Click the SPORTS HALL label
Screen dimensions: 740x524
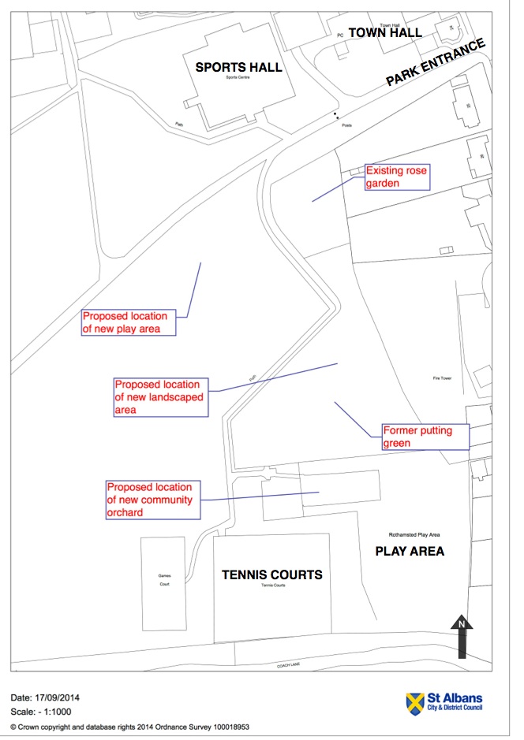(x=239, y=68)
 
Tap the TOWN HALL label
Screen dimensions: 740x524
(x=386, y=33)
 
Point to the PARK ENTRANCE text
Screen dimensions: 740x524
(x=435, y=62)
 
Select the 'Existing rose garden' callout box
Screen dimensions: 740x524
(x=396, y=177)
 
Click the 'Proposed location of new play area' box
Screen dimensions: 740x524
(x=129, y=322)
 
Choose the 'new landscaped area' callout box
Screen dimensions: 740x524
(x=160, y=397)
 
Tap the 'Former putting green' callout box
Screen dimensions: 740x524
(x=425, y=437)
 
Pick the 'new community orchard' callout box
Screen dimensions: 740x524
(x=153, y=500)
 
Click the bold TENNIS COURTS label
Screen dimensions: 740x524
(x=271, y=575)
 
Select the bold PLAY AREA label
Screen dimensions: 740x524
(x=409, y=551)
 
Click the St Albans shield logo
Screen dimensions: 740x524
(x=415, y=701)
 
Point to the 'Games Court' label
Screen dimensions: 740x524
(x=165, y=580)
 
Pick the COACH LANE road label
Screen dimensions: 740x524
(x=288, y=664)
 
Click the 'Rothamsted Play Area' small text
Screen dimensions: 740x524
(x=408, y=534)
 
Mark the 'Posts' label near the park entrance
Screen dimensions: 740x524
(x=346, y=126)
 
